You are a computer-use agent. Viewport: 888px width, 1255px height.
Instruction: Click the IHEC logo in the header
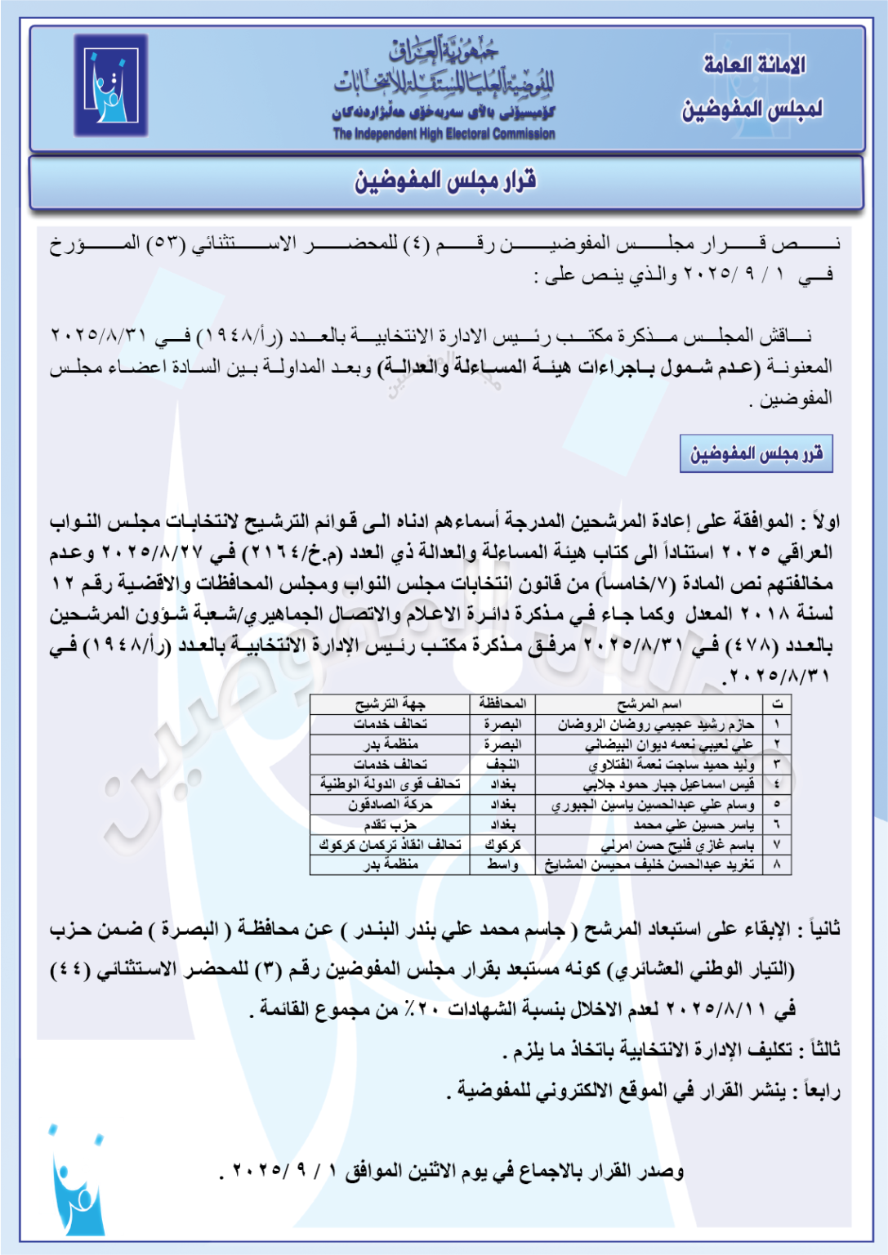coord(110,85)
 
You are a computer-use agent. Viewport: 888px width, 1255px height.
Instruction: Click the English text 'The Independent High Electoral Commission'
coord(444,134)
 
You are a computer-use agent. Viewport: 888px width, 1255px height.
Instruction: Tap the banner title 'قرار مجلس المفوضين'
coord(445,181)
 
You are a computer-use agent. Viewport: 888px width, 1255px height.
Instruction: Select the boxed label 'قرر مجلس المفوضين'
coord(756,453)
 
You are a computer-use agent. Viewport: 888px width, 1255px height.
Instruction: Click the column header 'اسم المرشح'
coord(649,703)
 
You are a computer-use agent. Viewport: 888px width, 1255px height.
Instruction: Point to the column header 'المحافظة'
coord(502,703)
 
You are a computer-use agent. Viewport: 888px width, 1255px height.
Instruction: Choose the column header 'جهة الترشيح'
coord(390,703)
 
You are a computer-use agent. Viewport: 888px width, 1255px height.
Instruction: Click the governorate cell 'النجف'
coord(502,764)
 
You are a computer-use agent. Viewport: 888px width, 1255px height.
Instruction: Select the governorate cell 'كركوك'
coord(502,844)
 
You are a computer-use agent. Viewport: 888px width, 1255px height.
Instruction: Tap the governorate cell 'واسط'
coord(502,864)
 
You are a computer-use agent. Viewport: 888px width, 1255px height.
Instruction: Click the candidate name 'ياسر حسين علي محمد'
coord(694,824)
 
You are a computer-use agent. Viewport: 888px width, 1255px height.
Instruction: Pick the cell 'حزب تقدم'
coord(390,824)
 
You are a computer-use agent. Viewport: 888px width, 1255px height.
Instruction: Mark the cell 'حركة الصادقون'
coord(390,805)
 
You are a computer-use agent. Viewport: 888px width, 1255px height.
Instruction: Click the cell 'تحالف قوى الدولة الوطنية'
coord(390,784)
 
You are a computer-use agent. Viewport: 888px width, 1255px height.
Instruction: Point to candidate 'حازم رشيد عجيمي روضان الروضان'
coord(656,724)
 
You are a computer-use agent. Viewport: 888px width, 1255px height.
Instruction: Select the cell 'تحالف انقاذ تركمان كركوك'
coord(390,844)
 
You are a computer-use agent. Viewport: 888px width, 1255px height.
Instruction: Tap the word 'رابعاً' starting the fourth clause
coord(822,1091)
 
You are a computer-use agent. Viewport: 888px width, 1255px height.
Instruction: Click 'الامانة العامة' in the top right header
coord(754,65)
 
